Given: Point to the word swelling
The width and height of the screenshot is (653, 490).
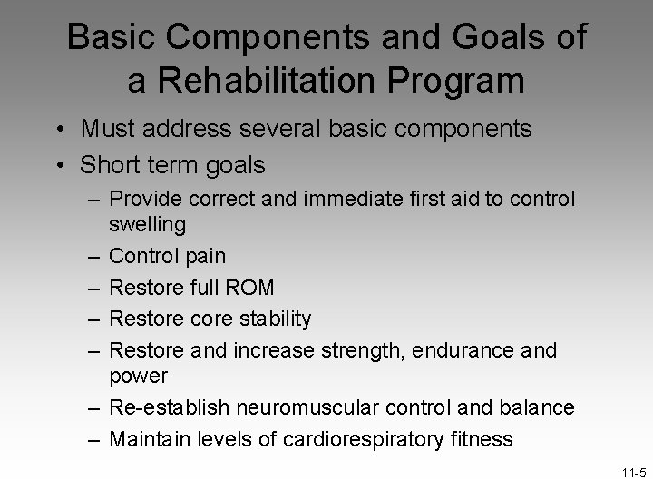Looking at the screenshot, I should pos(147,223).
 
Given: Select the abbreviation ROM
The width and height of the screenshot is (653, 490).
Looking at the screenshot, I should pos(248,288).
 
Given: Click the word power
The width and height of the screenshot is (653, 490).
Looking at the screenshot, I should pos(138,374).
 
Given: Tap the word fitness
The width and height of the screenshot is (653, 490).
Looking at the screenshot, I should pos(480,439).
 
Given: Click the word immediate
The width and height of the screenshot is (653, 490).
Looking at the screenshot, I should pos(350,198).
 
